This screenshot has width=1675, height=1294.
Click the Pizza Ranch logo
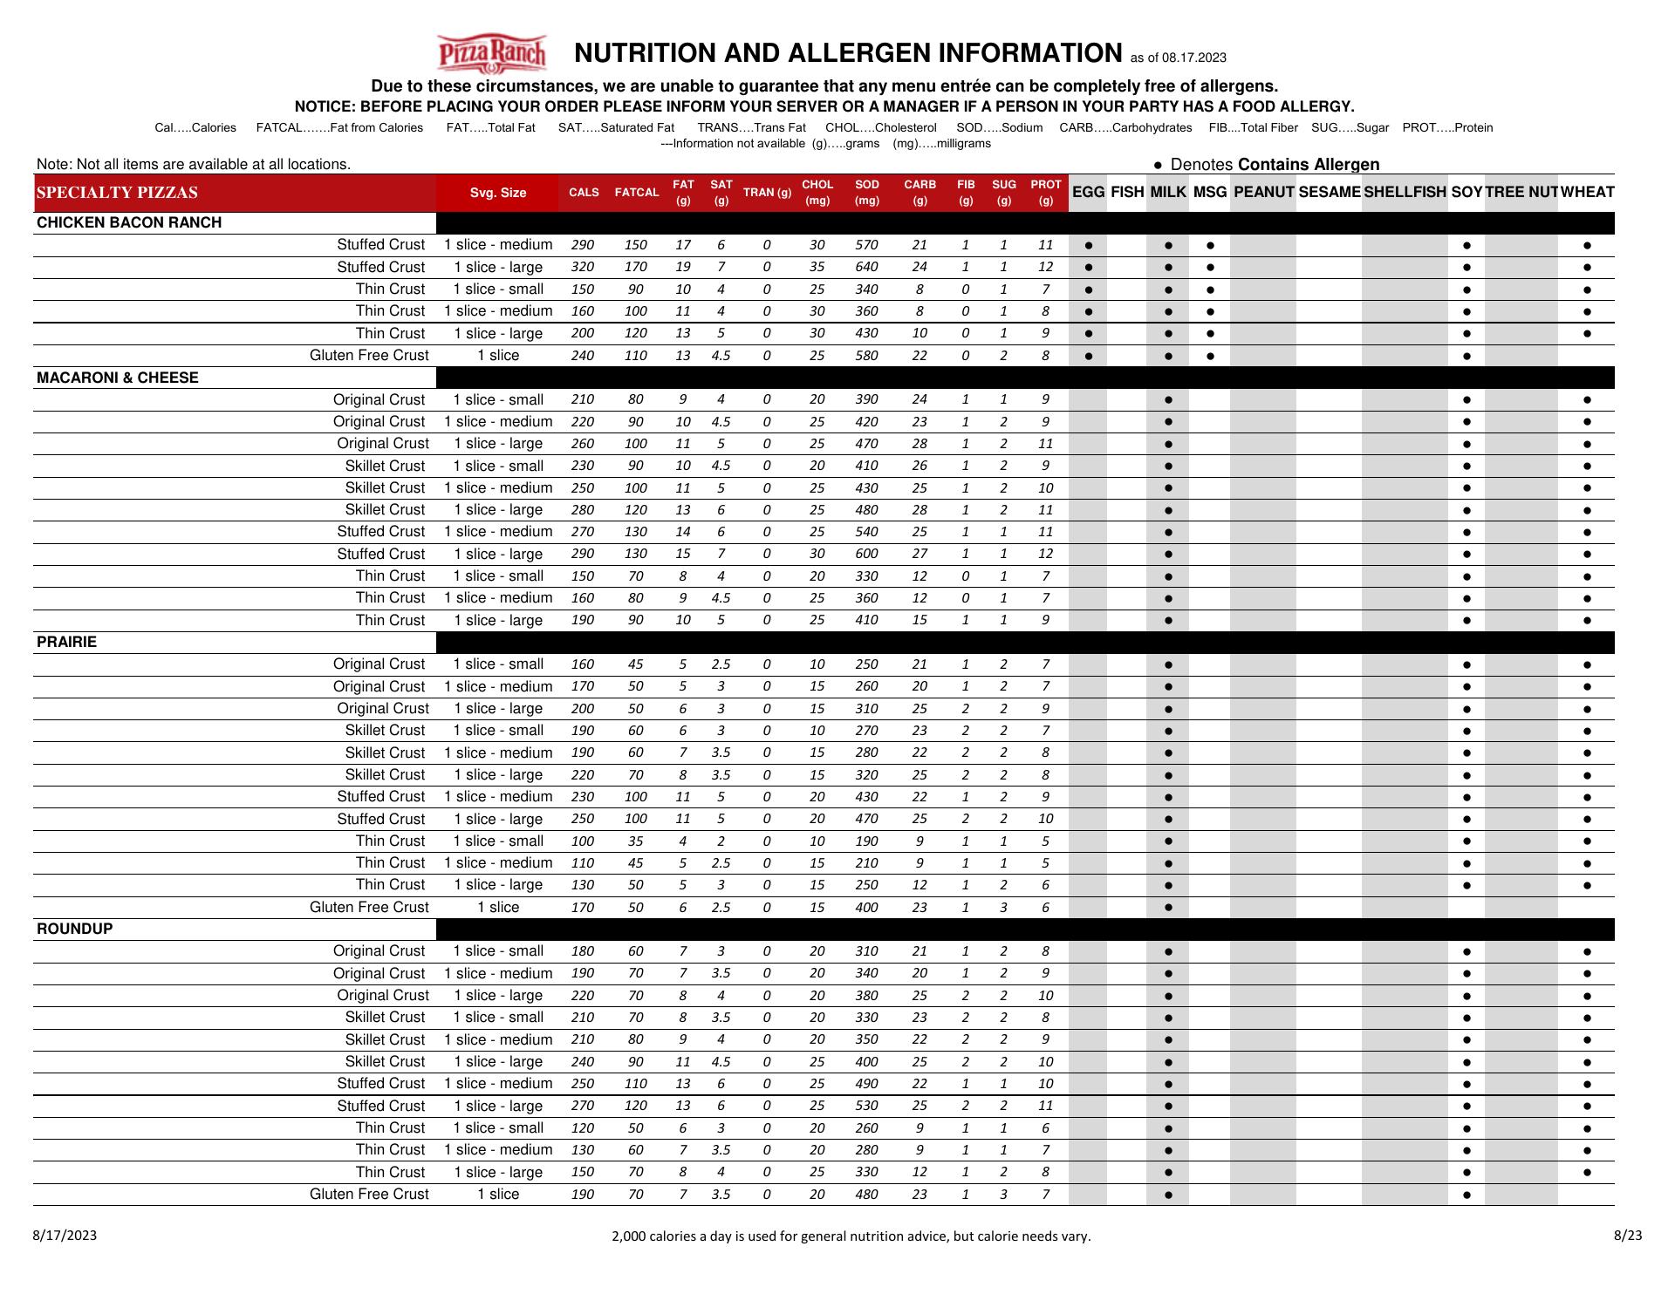[x=491, y=53]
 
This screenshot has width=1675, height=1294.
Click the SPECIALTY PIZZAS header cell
[x=117, y=193]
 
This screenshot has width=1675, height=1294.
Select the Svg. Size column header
[x=497, y=193]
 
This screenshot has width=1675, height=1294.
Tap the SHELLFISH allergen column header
[x=1405, y=192]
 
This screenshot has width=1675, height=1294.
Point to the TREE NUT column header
[x=1521, y=192]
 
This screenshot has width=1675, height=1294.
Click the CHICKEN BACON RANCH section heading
[x=129, y=222]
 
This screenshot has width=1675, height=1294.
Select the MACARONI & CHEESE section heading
[x=118, y=378]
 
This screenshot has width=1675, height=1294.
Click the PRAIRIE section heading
[x=66, y=642]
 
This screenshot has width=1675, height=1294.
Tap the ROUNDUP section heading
[x=75, y=929]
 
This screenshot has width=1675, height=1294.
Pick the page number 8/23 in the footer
[x=1628, y=1235]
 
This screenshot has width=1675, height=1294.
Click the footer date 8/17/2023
[x=65, y=1235]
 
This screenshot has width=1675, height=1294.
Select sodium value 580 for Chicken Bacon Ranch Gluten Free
[x=866, y=356]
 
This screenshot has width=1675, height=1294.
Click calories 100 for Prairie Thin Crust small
[x=582, y=841]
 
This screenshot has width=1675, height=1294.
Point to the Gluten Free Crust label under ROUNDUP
[x=369, y=1194]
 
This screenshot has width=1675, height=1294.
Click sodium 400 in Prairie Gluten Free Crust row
[x=866, y=907]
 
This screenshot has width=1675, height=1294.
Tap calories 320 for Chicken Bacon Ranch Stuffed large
[x=582, y=268]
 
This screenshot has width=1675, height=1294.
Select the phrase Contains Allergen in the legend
[x=1309, y=164]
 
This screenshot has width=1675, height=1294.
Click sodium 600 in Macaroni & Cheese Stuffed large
[x=866, y=554]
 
